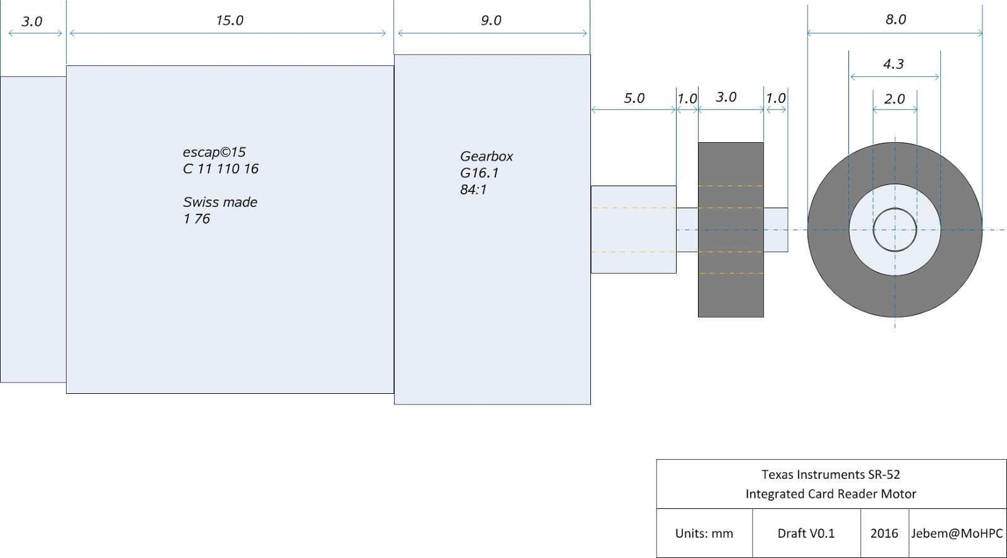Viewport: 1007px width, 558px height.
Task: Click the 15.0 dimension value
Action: pos(229,21)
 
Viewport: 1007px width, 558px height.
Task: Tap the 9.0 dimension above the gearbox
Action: pos(491,21)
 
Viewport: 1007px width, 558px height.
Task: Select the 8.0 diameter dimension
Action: pos(895,20)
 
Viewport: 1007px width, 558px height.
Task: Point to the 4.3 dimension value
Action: pos(893,64)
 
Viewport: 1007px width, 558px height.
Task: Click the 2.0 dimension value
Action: pos(894,99)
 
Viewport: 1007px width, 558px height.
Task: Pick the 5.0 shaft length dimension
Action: pos(634,98)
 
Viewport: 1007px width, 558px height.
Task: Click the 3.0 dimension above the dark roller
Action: pos(726,98)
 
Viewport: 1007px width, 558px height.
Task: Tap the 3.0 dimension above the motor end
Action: pos(31,22)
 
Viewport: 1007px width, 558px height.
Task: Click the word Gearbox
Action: pos(487,156)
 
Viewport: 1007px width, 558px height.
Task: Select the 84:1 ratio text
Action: pos(473,189)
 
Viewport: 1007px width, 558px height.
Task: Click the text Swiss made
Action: pos(220,202)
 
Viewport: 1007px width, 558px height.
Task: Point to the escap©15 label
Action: pos(214,152)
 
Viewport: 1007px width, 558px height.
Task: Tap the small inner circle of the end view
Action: pos(894,230)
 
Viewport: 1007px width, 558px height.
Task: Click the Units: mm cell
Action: pos(704,533)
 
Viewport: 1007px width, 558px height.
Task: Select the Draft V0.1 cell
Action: pos(806,533)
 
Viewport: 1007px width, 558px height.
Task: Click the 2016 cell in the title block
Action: pos(884,533)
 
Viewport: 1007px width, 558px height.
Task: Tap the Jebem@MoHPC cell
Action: pos(957,533)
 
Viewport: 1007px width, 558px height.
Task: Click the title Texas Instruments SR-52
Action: pos(831,474)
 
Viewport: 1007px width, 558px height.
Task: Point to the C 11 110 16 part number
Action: pos(220,169)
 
